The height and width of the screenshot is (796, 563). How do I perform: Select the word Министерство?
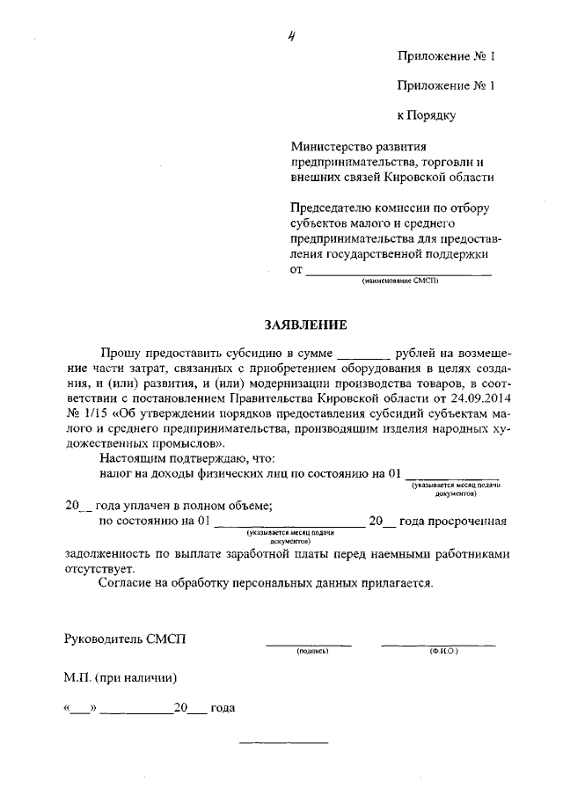(333, 146)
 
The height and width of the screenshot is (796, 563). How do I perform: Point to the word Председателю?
(333, 207)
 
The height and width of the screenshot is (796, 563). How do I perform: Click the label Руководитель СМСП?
(125, 639)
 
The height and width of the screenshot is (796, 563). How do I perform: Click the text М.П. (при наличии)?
(120, 677)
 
